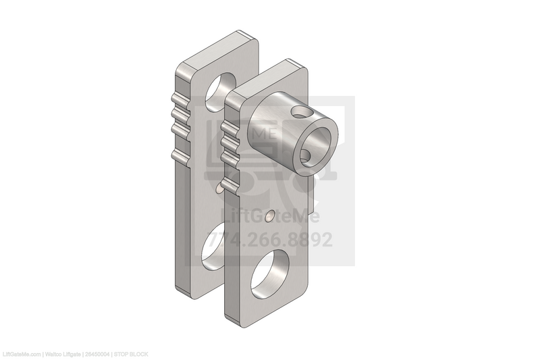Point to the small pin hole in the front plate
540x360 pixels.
[x=270, y=217]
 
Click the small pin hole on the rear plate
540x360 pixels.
[x=218, y=192]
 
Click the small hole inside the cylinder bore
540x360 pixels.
[x=307, y=157]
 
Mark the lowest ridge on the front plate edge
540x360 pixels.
[x=230, y=184]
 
